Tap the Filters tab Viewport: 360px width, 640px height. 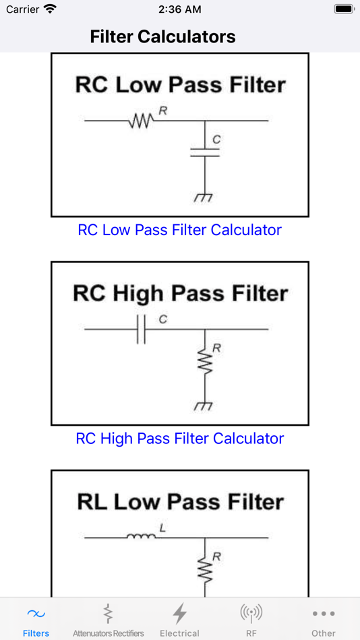tap(36, 620)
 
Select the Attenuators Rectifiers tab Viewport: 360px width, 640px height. tap(109, 620)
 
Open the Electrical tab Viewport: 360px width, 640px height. tap(180, 620)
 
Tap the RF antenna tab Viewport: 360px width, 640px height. tap(251, 620)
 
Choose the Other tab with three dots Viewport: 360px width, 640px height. tap(324, 620)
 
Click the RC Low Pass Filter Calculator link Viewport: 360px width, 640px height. tap(180, 230)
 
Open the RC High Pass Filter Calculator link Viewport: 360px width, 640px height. tap(180, 439)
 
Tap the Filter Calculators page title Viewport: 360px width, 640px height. tap(162, 37)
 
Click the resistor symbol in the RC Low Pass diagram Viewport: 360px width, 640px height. tap(141, 121)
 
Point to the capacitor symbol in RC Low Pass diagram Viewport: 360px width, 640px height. tap(205, 153)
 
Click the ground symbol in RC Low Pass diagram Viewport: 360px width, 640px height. tap(204, 198)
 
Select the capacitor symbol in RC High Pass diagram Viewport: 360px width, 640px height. tap(142, 329)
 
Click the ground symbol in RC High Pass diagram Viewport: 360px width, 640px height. tap(204, 406)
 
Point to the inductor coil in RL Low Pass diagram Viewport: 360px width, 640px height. tap(142, 536)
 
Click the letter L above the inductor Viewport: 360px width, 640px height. tap(162, 529)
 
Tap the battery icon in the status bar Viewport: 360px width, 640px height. tap(344, 9)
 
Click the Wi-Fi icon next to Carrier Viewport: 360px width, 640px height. tap(50, 9)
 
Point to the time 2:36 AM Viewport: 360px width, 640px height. tap(180, 9)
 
